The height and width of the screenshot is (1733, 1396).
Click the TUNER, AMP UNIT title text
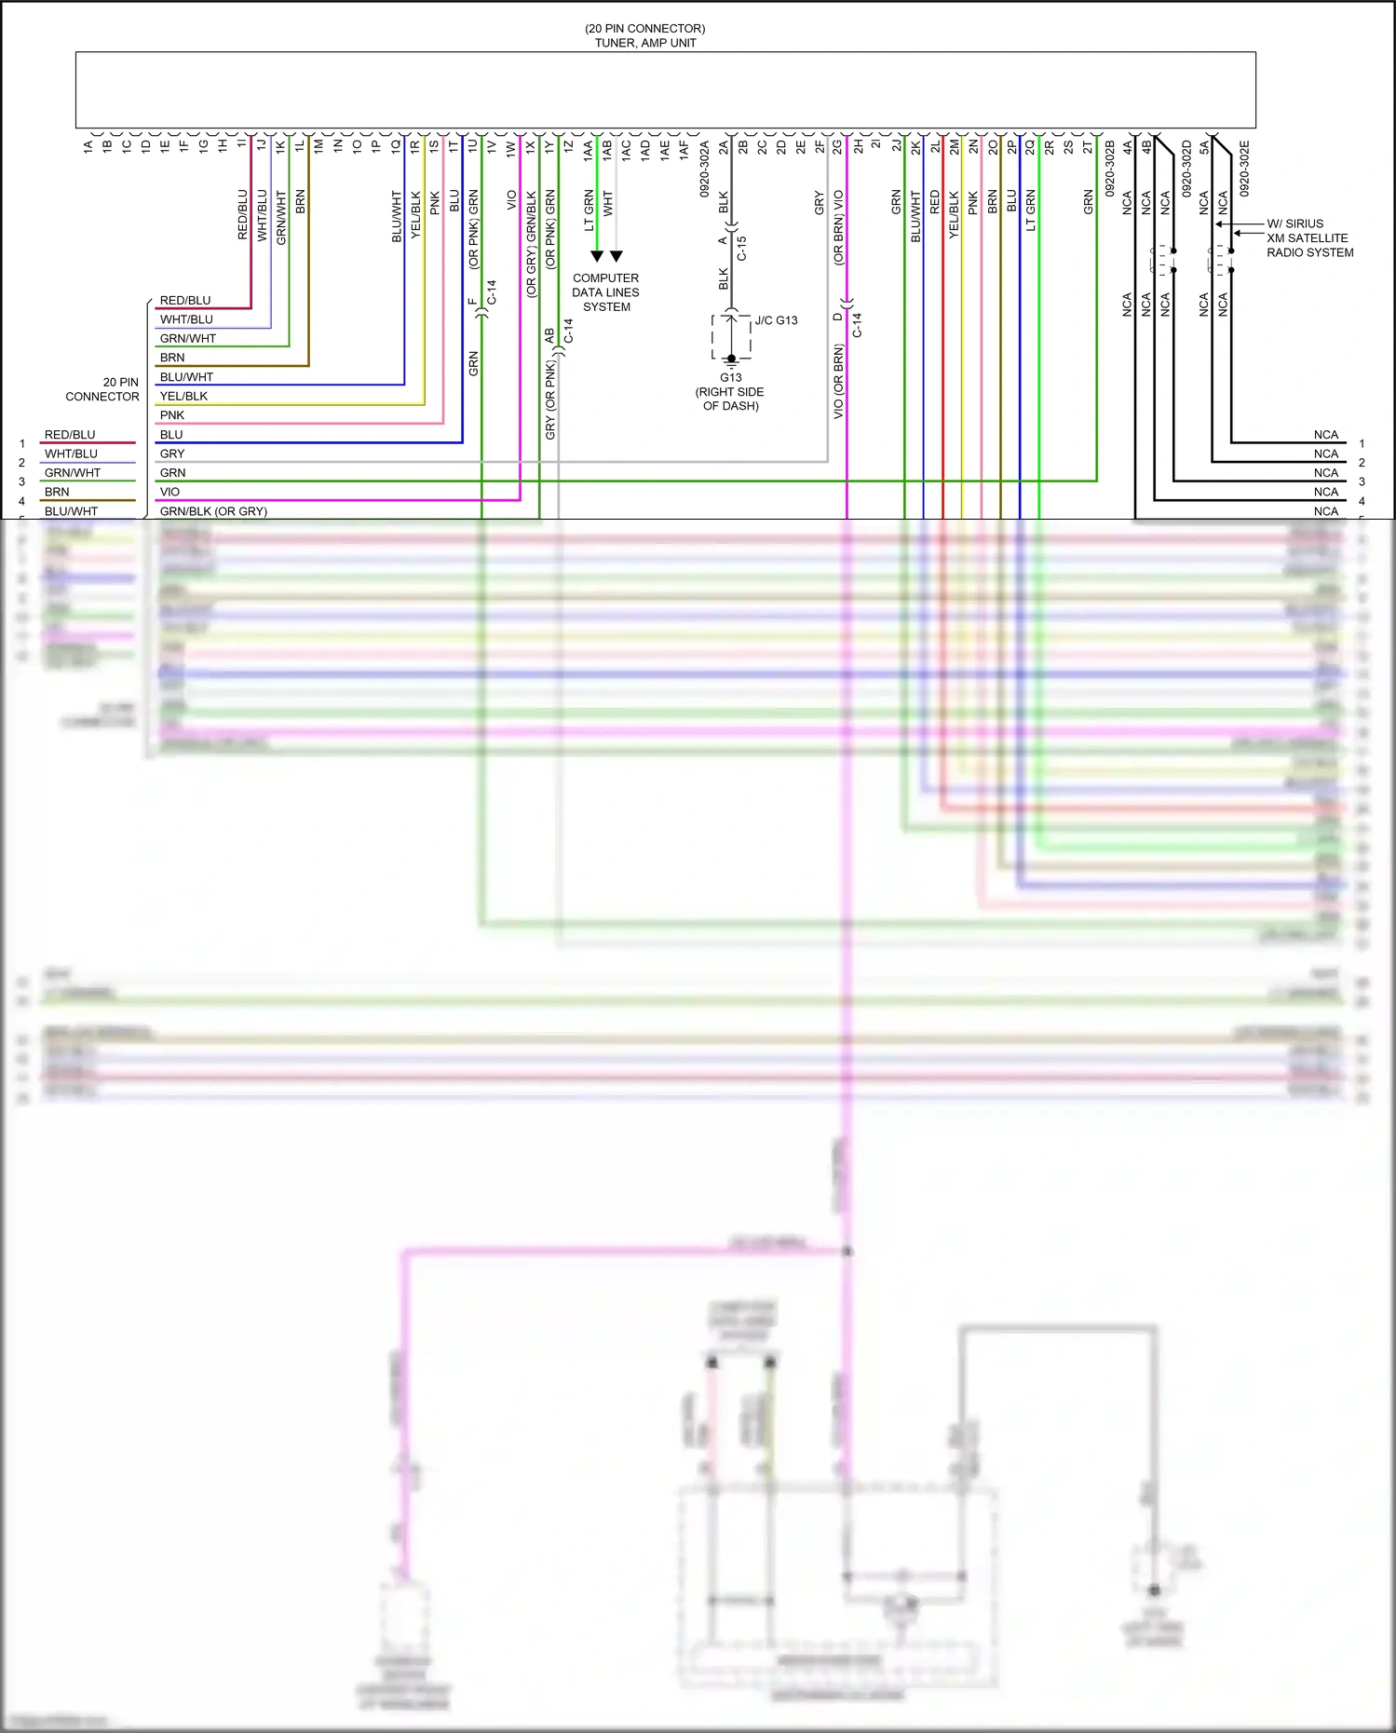pos(645,43)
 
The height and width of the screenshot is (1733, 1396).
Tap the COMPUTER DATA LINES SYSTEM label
pos(605,292)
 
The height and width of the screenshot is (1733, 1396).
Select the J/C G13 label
pos(776,320)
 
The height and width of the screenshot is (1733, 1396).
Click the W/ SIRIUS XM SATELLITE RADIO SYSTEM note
pos(1308,238)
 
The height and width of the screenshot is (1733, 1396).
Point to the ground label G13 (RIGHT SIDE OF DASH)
pos(730,391)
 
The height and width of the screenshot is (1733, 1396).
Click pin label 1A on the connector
pos(88,146)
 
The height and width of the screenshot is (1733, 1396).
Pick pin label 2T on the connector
pos(1088,146)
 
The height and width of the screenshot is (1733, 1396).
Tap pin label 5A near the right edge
pos(1204,146)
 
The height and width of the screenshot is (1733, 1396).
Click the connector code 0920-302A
pos(705,169)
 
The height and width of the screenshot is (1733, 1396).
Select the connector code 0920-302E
pos(1244,169)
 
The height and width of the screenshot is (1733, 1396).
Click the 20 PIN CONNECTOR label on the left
pos(102,389)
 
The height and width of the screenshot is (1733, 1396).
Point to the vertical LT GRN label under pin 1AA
pos(589,211)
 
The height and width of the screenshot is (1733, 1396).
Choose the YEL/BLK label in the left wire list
pos(183,396)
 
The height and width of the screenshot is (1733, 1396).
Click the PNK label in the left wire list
pos(172,415)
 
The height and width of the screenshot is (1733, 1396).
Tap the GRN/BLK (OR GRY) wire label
pos(213,511)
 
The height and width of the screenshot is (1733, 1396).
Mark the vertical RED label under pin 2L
pos(935,203)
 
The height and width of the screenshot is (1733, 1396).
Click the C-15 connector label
pos(742,248)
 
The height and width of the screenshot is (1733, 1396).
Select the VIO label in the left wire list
pos(169,492)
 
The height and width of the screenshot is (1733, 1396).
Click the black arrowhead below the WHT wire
pos(616,256)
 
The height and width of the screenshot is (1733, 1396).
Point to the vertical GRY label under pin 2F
pos(820,203)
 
